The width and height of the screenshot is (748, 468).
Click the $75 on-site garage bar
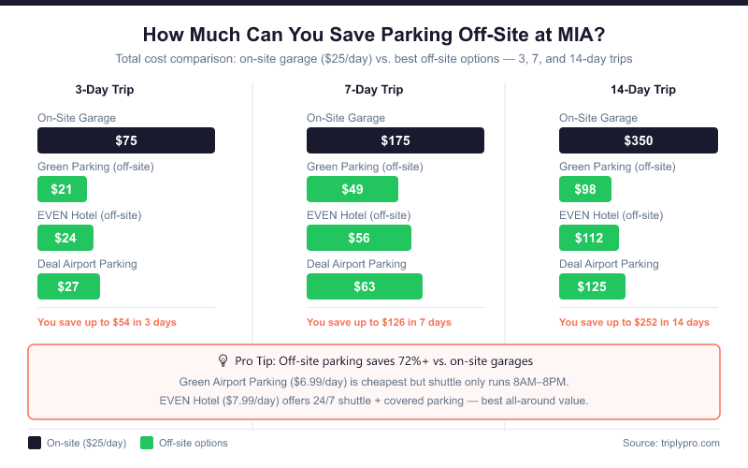pos(126,140)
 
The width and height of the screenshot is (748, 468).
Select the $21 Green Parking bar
pos(62,189)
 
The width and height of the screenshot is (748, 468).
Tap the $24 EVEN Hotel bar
pos(66,238)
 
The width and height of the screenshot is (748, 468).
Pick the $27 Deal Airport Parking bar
pos(68,286)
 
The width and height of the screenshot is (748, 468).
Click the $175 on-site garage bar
pos(396,140)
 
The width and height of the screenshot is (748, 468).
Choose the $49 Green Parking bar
pos(352,189)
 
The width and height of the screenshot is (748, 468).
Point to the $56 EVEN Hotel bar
pos(359,238)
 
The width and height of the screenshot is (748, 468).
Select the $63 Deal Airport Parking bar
pos(365,286)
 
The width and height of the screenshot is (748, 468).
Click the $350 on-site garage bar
pos(639,140)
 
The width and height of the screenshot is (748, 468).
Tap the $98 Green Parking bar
pos(585,189)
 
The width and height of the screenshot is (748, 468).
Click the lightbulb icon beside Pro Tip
pos(223,360)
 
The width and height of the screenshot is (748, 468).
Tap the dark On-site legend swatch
pos(35,443)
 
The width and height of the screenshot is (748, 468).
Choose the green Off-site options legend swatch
pos(146,443)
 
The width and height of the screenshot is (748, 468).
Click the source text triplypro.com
pos(670,443)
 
